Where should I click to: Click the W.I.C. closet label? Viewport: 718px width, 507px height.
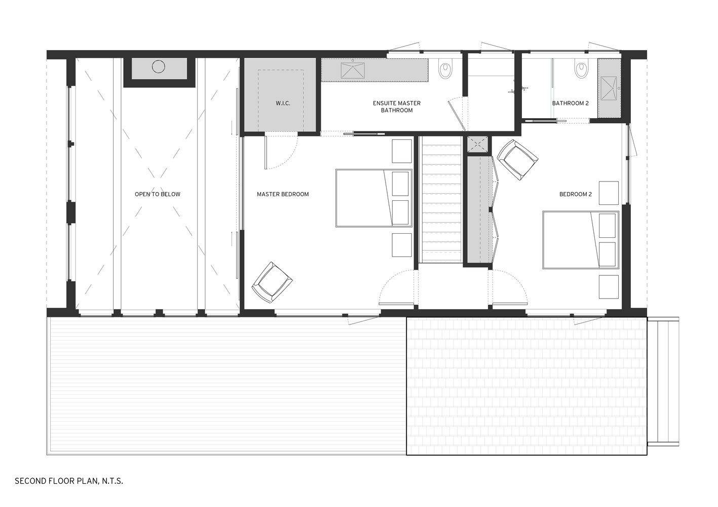pos(283,103)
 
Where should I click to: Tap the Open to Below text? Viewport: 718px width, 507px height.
pos(157,194)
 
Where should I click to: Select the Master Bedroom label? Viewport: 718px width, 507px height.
pos(282,194)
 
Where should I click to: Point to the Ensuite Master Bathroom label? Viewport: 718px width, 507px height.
pos(397,106)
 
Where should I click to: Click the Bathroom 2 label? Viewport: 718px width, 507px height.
pos(570,103)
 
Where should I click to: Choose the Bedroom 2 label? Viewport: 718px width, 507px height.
pos(575,194)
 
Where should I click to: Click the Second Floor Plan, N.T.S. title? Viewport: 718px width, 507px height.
pos(69,481)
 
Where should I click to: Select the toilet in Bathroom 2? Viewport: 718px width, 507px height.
pos(581,69)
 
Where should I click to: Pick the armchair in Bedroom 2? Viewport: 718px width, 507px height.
pos(517,159)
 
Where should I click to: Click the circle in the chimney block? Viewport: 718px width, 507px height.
pos(159,66)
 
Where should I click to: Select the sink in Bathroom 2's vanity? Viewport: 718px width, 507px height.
pos(609,89)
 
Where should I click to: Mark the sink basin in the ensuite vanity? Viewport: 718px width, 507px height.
pos(352,70)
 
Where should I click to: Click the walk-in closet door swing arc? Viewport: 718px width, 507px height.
pos(282,152)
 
